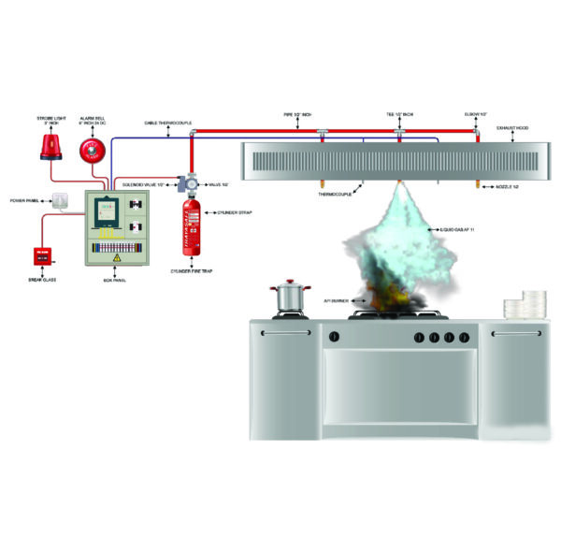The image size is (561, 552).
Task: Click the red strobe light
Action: [x=48, y=144]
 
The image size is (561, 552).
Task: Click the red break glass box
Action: [x=42, y=254]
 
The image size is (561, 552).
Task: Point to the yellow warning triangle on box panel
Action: [x=117, y=256]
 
